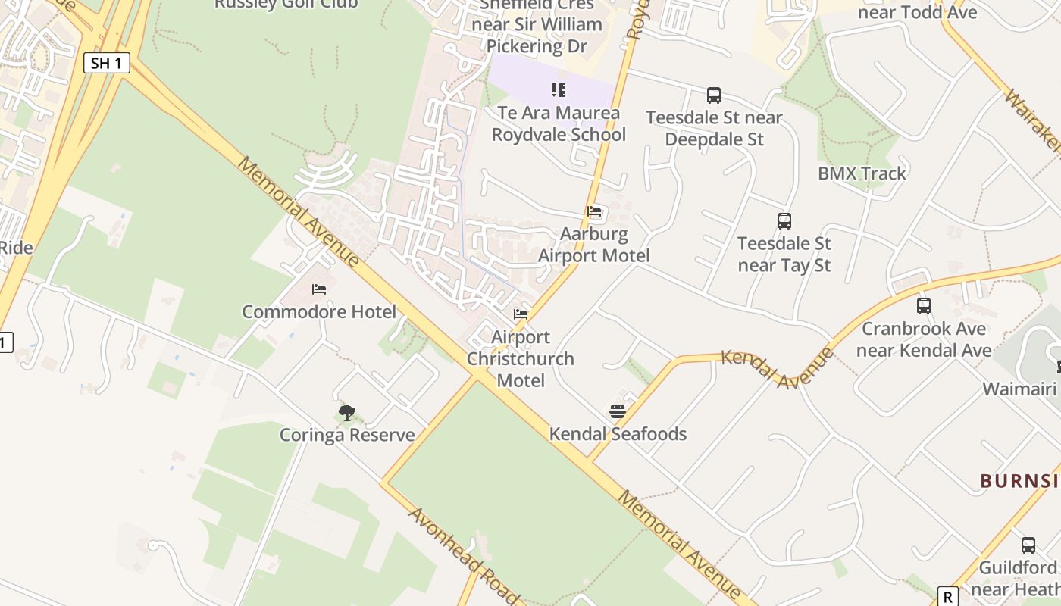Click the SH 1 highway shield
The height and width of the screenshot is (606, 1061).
[106, 63]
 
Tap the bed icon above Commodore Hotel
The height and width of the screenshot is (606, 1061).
[319, 289]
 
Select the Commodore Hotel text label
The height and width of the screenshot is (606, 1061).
[319, 312]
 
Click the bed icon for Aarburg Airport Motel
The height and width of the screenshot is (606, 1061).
[594, 211]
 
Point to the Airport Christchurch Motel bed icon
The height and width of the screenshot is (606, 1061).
[521, 314]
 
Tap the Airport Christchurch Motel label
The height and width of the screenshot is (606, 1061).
[521, 358]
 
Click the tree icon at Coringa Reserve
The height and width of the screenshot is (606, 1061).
[347, 413]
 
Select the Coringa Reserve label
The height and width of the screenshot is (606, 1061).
[347, 435]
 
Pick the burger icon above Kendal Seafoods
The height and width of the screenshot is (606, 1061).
[618, 411]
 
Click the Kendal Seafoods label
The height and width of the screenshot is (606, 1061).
[618, 434]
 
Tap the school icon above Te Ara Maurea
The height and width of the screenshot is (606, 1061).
[559, 91]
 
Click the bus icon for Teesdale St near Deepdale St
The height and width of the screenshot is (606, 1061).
[714, 95]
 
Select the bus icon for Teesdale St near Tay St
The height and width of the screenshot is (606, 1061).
[784, 221]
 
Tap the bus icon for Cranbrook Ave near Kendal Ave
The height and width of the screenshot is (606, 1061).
[924, 306]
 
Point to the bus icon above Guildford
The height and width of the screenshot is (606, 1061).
[1028, 545]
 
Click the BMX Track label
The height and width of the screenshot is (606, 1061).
[862, 173]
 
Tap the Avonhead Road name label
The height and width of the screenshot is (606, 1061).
[464, 555]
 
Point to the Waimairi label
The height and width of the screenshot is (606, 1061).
[1020, 389]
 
